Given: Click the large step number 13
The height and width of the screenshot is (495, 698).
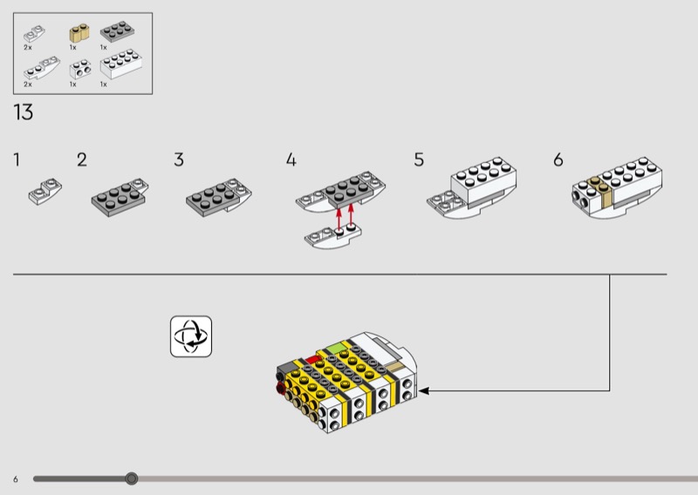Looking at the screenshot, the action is pyautogui.click(x=24, y=112).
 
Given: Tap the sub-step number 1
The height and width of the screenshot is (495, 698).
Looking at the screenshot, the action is pyautogui.click(x=17, y=159).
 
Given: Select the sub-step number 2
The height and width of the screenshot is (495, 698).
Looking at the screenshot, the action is pyautogui.click(x=82, y=159).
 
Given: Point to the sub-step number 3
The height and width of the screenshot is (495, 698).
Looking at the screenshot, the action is pyautogui.click(x=179, y=159).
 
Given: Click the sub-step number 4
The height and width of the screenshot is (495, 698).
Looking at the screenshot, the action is pyautogui.click(x=291, y=159).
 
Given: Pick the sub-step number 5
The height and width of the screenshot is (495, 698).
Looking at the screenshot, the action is pyautogui.click(x=419, y=159).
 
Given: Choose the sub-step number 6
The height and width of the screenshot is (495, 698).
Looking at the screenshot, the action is pyautogui.click(x=558, y=159).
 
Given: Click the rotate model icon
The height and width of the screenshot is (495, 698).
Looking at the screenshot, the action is pyautogui.click(x=191, y=336).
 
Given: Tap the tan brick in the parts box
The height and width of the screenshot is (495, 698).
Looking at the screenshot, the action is pyautogui.click(x=79, y=33).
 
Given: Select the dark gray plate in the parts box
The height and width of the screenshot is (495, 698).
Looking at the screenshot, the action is pyautogui.click(x=118, y=31).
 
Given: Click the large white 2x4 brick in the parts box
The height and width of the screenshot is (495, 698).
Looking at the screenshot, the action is pyautogui.click(x=121, y=64).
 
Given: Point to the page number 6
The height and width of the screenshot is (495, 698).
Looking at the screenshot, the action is pyautogui.click(x=16, y=479).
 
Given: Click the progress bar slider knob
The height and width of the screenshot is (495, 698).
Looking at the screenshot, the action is pyautogui.click(x=132, y=478).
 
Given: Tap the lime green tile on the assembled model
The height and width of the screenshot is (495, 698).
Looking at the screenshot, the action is pyautogui.click(x=337, y=348).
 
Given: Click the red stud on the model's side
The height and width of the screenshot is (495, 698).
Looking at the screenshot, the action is pyautogui.click(x=280, y=389).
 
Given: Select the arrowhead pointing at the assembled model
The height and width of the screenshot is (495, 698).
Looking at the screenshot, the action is pyautogui.click(x=424, y=391).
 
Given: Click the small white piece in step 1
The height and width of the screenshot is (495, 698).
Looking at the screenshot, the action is pyautogui.click(x=45, y=191).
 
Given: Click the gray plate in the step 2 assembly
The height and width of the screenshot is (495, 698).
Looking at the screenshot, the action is pyautogui.click(x=118, y=200).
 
